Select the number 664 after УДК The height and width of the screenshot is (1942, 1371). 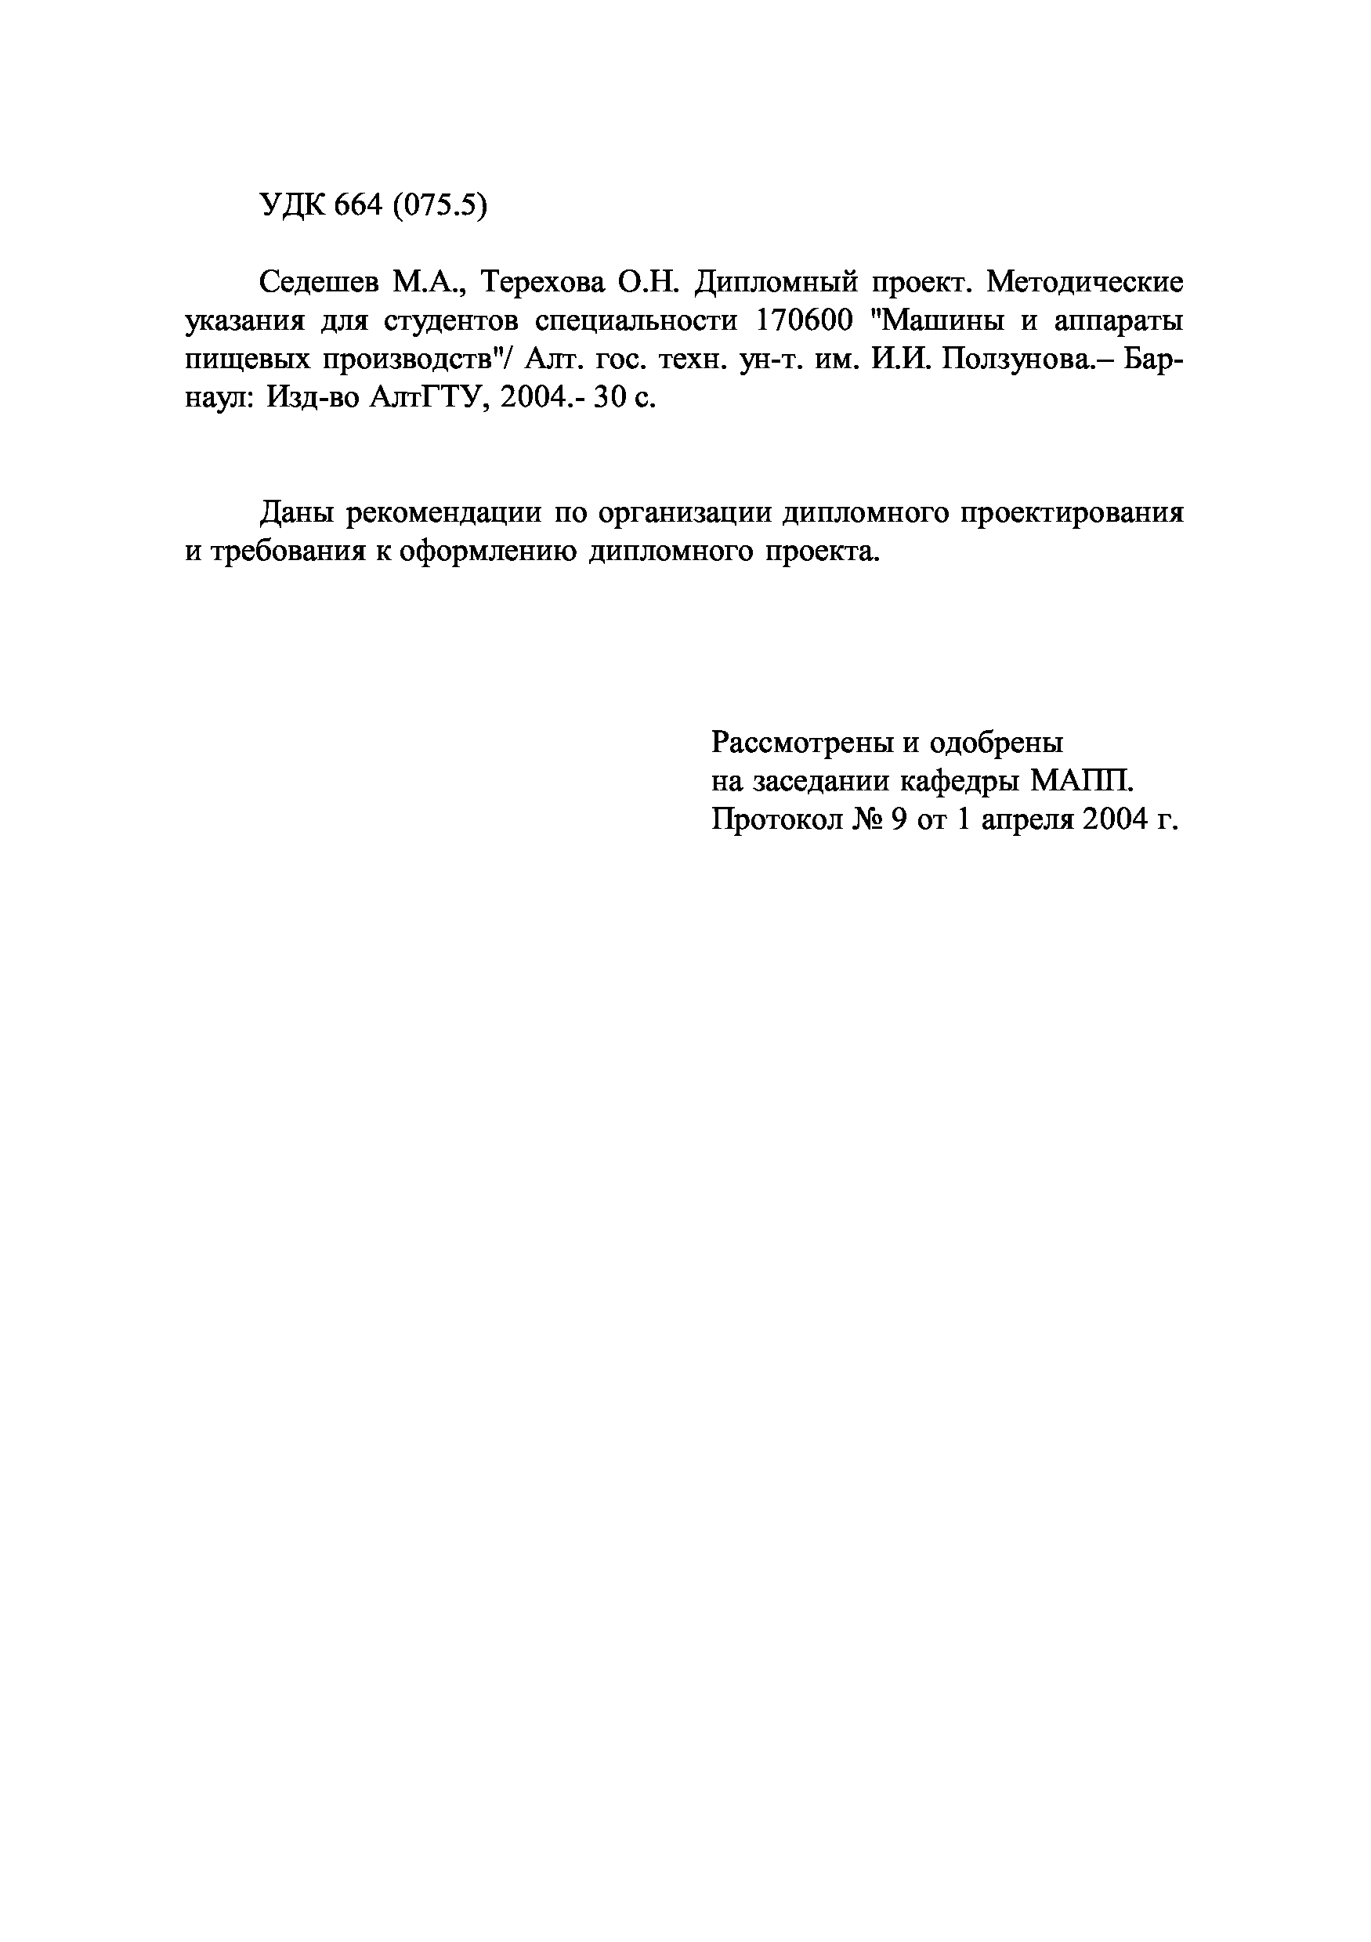tap(359, 205)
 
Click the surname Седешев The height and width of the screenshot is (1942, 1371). tap(319, 282)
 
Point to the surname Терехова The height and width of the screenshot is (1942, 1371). tap(542, 282)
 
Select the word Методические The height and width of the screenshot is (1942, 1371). tap(1086, 282)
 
